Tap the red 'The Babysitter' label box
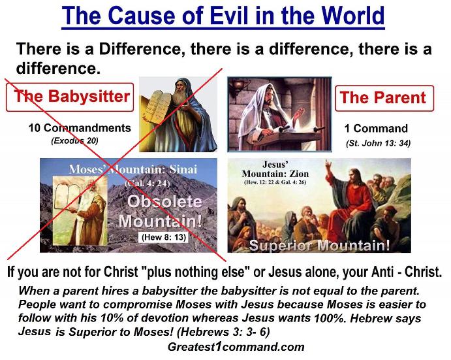(70, 97)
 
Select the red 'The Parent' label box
(384, 98)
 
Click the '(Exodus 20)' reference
(75, 141)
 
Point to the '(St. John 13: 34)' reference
(379, 143)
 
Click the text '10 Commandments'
(80, 128)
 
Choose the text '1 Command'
(376, 129)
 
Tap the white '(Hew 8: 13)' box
(164, 237)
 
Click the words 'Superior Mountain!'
(319, 246)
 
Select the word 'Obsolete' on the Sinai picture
(164, 202)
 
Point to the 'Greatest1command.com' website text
(236, 346)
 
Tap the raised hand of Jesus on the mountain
(328, 165)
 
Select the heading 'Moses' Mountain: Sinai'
(133, 169)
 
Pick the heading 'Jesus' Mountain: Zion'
(275, 169)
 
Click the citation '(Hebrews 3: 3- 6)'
(223, 332)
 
